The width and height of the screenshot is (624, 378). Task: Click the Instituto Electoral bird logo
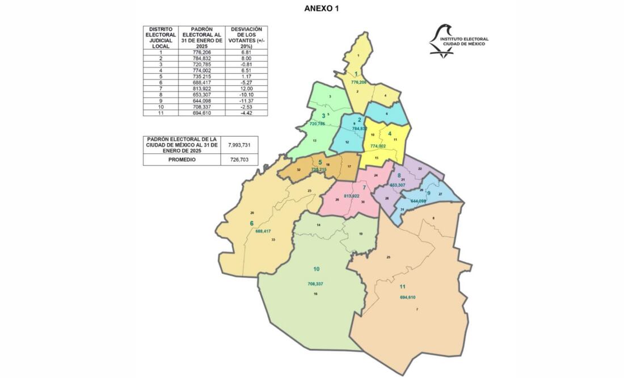(442, 40)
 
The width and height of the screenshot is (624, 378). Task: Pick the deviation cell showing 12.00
(246, 88)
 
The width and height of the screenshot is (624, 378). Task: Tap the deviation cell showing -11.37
(246, 100)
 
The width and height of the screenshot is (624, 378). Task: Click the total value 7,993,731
(239, 144)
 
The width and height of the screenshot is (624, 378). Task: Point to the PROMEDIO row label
(181, 159)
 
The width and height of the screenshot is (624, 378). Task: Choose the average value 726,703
(239, 159)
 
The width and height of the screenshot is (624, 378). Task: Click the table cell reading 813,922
(201, 88)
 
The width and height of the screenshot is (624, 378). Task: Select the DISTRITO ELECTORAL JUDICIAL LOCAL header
(161, 37)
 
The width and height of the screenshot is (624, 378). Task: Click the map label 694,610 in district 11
(408, 297)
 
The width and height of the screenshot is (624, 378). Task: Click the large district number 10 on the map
(317, 269)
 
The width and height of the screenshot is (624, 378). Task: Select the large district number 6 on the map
(251, 223)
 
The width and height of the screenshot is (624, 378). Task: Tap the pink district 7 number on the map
(364, 187)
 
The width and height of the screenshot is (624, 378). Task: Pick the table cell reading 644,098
(201, 100)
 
